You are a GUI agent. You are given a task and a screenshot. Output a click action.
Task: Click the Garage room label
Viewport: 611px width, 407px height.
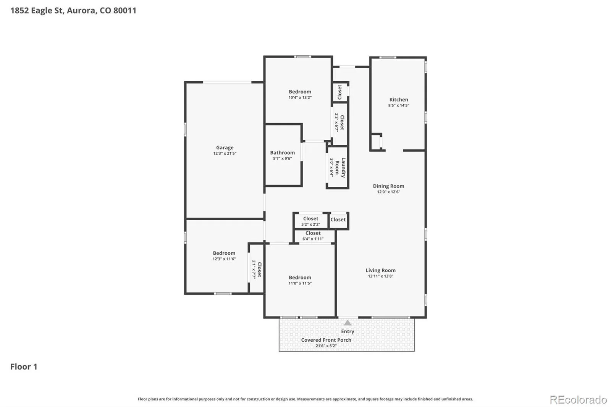click(x=225, y=148)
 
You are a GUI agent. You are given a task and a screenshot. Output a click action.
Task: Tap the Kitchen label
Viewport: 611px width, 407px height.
click(x=399, y=100)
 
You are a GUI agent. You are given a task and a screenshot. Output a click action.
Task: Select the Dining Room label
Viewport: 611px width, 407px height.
click(x=388, y=186)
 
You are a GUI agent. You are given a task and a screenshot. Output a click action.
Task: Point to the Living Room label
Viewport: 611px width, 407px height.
click(x=380, y=270)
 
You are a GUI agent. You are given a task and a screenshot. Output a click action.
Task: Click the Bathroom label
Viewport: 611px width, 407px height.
click(x=282, y=153)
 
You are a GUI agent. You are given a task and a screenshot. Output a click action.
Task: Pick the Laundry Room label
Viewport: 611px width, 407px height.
click(x=340, y=168)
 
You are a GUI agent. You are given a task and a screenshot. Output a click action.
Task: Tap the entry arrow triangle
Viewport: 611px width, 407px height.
click(x=348, y=323)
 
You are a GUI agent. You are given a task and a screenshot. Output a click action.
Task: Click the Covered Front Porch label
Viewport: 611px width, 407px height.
click(x=326, y=340)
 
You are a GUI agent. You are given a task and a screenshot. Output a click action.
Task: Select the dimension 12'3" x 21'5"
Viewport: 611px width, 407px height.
click(x=225, y=153)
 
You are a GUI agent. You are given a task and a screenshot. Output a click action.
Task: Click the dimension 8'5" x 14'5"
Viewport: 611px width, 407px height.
click(x=399, y=105)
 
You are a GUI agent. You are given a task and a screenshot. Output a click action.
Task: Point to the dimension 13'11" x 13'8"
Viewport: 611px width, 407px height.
click(x=380, y=276)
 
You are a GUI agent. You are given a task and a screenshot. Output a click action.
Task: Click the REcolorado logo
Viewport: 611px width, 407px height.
click(x=578, y=400)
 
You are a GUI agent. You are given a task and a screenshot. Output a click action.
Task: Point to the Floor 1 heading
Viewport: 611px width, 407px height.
click(x=24, y=367)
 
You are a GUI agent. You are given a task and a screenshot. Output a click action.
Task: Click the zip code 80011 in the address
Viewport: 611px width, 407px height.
click(x=124, y=10)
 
